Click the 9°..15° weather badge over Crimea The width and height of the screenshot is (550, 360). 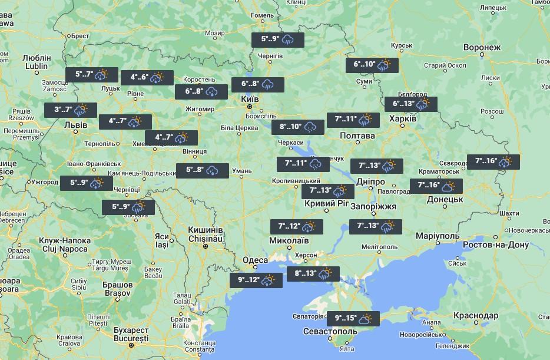tap(353, 318)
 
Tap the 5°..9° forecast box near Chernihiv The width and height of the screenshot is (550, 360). tap(278, 40)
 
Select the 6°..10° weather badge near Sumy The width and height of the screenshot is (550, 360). tap(372, 65)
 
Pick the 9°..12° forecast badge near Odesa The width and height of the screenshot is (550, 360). tap(256, 280)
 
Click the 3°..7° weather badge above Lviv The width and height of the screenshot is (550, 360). tap(71, 110)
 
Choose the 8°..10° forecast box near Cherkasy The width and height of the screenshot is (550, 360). tap(298, 127)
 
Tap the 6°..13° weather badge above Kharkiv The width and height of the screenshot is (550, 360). tap(411, 104)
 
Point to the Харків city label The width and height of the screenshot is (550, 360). tap(403, 118)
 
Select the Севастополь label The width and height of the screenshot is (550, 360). tap(330, 331)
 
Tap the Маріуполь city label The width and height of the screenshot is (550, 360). tap(437, 236)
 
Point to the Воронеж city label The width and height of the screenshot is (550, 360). tap(482, 47)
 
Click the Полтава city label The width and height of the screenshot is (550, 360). tap(357, 136)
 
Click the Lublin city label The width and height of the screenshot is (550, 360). tap(36, 67)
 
